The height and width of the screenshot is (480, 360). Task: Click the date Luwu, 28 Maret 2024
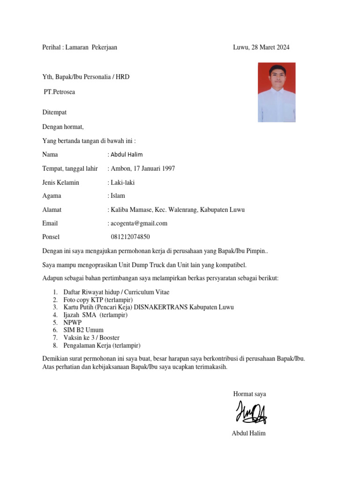(x=261, y=47)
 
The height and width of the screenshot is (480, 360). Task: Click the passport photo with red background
(x=277, y=92)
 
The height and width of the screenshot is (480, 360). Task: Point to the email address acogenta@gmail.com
(x=138, y=224)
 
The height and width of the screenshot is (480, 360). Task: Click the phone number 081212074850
(x=130, y=237)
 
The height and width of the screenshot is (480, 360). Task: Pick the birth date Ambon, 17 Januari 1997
(x=142, y=169)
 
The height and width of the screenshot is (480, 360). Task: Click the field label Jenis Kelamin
(x=60, y=182)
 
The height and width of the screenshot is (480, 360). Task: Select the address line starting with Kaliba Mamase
(x=177, y=210)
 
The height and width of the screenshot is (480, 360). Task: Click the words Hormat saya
(x=249, y=394)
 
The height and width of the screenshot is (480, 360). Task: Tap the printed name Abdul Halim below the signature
(x=248, y=434)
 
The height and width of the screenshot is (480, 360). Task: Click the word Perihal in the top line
(x=52, y=47)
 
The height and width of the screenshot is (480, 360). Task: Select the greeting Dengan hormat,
(x=63, y=127)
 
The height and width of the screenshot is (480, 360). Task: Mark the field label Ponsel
(x=51, y=237)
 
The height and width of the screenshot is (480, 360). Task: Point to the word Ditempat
(x=54, y=112)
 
